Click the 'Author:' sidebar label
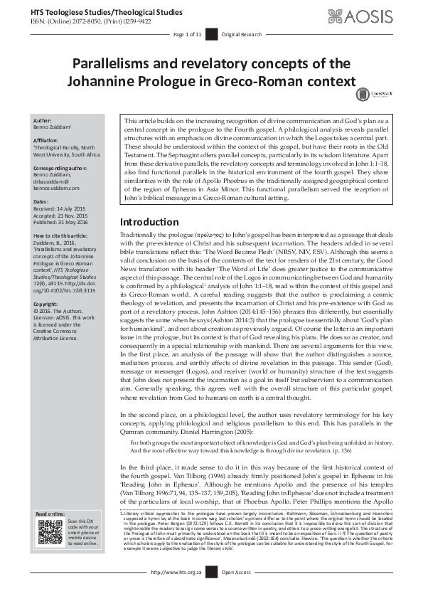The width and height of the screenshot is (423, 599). (x=43, y=122)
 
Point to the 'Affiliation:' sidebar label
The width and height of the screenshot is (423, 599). (x=48, y=140)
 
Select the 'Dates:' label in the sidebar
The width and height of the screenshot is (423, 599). (x=42, y=202)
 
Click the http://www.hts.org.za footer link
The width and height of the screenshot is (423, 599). (x=176, y=591)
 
